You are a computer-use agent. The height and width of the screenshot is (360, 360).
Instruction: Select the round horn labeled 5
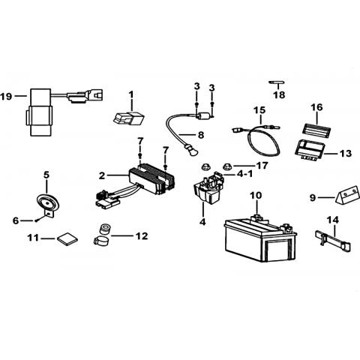pyautogui.click(x=47, y=202)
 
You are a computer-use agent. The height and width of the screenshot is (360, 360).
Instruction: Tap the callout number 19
pyautogui.click(x=6, y=96)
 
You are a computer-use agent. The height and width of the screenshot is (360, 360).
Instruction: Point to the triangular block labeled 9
pyautogui.click(x=346, y=196)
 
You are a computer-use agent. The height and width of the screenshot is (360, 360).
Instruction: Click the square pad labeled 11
pyautogui.click(x=67, y=238)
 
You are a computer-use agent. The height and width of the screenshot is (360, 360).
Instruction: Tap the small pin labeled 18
pyautogui.click(x=277, y=82)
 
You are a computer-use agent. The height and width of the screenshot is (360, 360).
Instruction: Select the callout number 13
pyautogui.click(x=346, y=153)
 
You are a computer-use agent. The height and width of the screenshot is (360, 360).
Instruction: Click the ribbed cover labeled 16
pyautogui.click(x=316, y=130)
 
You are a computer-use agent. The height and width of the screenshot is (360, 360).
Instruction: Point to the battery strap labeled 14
pyautogui.click(x=333, y=241)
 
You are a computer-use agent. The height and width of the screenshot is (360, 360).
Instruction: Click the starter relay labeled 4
pyautogui.click(x=208, y=190)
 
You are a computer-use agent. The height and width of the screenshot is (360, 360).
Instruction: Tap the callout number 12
pyautogui.click(x=142, y=235)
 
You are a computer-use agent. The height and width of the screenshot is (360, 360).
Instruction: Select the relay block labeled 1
pyautogui.click(x=128, y=118)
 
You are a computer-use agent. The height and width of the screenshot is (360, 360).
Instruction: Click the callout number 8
pyautogui.click(x=201, y=135)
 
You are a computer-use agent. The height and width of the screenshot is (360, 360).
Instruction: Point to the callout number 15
pyautogui.click(x=259, y=109)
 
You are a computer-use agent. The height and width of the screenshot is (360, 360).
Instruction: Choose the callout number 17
pyautogui.click(x=262, y=165)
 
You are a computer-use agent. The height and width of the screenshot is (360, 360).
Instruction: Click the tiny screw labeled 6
pyautogui.click(x=37, y=220)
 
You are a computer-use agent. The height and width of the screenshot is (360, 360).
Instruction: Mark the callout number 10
pyautogui.click(x=256, y=195)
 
